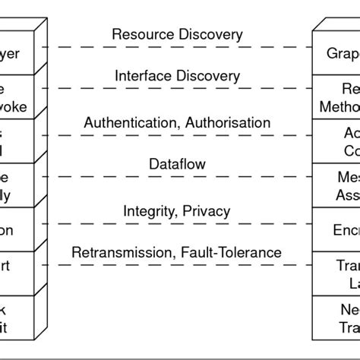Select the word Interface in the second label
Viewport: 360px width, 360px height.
coord(142,77)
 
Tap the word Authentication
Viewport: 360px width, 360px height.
coord(123,122)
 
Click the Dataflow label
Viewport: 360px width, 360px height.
coord(177,164)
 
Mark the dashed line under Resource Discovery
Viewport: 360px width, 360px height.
coord(177,47)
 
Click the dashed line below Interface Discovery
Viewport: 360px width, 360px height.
coord(177,91)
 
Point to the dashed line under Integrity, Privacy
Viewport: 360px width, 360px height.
coord(177,224)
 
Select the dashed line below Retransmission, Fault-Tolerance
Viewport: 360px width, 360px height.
coord(177,266)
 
